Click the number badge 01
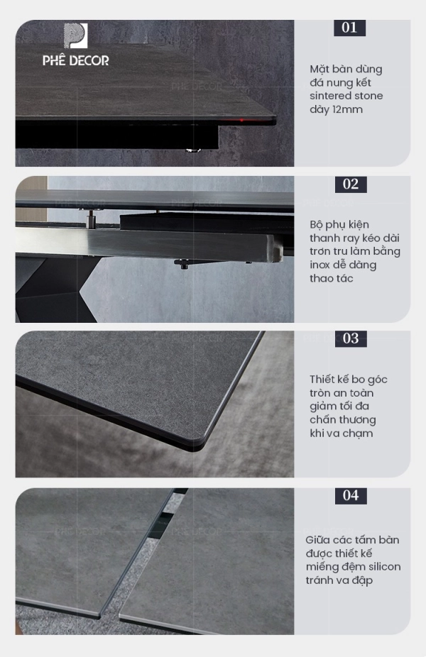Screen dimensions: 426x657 350,28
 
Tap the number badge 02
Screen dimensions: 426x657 351,184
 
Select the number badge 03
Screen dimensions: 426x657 351,338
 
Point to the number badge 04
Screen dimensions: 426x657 351,496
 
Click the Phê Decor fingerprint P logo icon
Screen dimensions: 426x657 75,35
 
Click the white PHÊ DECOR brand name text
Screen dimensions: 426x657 75,61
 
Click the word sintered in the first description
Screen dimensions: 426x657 327,96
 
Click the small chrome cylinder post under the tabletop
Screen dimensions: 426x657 90,219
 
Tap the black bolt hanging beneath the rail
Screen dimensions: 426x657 184,265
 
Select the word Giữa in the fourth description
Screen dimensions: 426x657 317,540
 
